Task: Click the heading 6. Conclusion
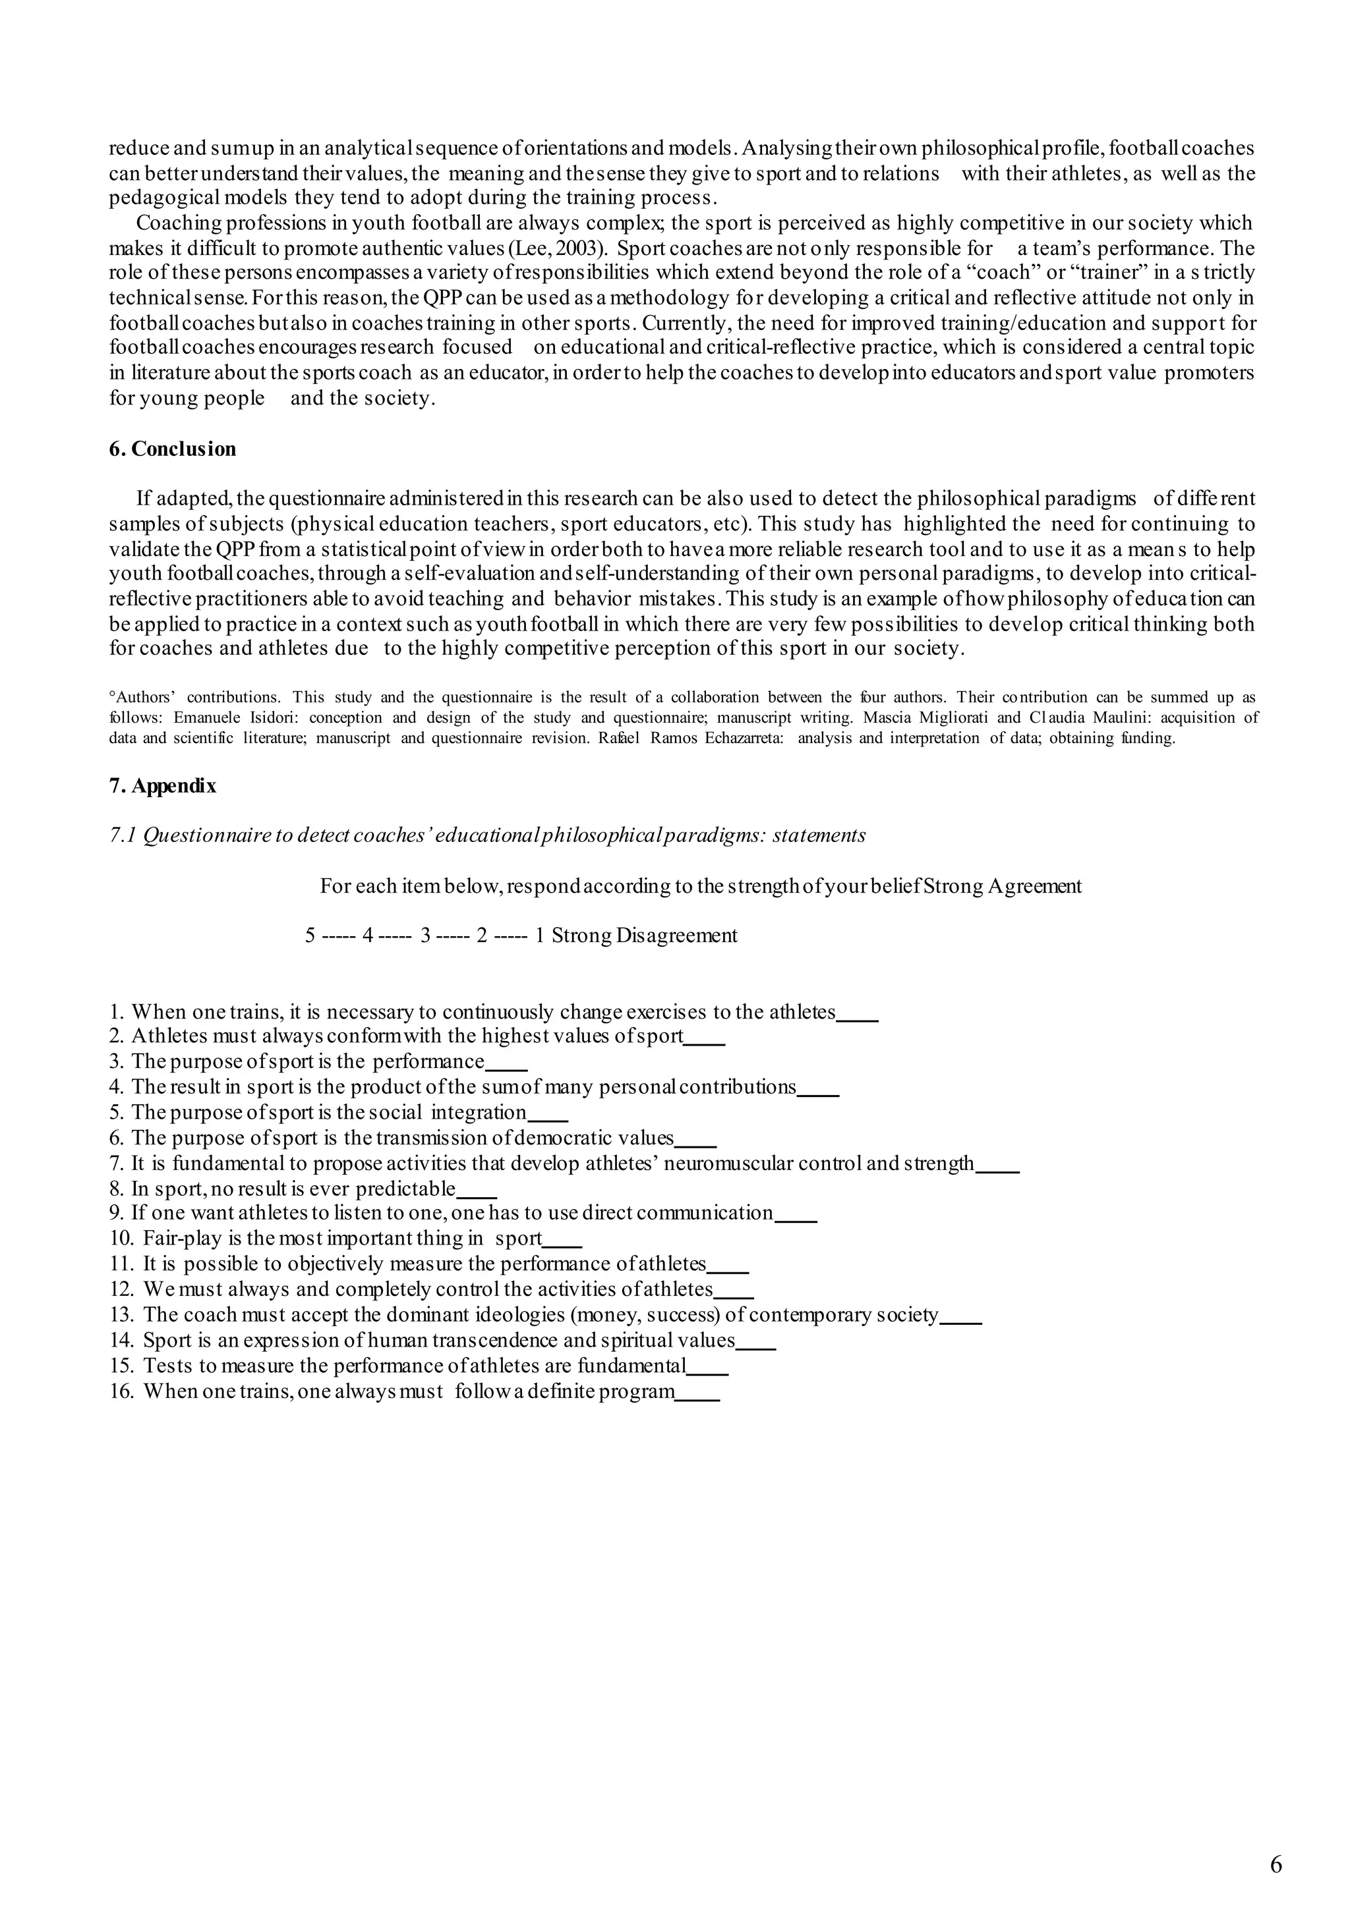172,449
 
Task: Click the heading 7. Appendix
162,786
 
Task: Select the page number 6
1276,1864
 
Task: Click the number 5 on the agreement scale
310,936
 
